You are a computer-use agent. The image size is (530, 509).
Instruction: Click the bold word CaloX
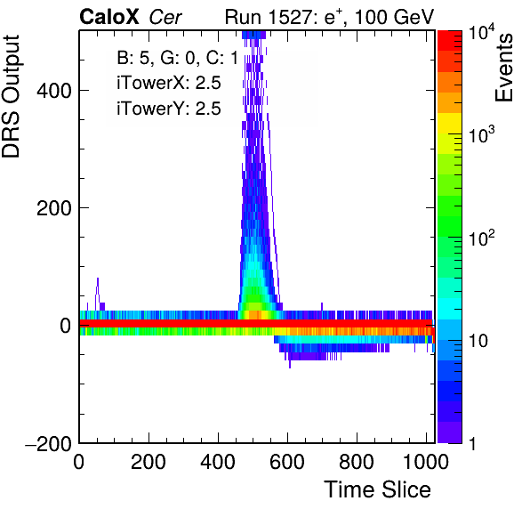click(x=109, y=17)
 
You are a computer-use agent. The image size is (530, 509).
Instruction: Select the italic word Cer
click(x=165, y=17)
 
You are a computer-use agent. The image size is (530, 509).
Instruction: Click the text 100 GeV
click(x=394, y=17)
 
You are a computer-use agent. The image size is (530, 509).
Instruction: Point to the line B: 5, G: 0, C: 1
click(x=178, y=58)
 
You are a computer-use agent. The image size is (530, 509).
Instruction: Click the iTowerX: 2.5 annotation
click(x=169, y=83)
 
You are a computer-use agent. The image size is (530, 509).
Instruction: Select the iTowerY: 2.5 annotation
click(x=169, y=109)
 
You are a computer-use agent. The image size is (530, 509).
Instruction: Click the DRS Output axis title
click(x=11, y=97)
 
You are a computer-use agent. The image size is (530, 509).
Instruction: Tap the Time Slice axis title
click(x=378, y=489)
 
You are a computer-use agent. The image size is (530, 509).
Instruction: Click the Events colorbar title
click(x=504, y=68)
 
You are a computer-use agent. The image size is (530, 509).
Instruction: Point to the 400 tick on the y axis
click(x=54, y=90)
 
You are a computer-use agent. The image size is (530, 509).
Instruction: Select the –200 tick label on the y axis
click(x=49, y=443)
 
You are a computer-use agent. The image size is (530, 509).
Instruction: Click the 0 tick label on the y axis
click(x=66, y=326)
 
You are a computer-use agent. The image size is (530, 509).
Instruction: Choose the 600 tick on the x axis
click(x=287, y=461)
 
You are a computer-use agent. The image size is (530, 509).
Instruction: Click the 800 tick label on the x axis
click(x=357, y=461)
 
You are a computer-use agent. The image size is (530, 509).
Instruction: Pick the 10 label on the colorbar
click(x=478, y=341)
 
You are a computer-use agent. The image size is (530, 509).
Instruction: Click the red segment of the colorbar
click(x=450, y=41)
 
